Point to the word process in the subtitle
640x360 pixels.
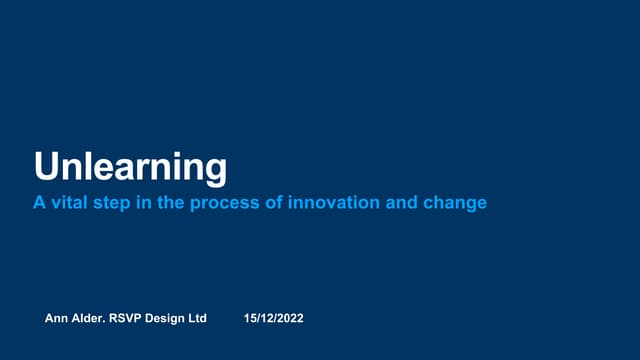(x=227, y=203)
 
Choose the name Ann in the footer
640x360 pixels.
(x=57, y=318)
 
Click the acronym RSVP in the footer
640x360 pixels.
(x=130, y=318)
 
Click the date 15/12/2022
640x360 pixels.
(x=273, y=318)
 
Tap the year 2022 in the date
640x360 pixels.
(x=289, y=318)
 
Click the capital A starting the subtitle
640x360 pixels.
(x=40, y=203)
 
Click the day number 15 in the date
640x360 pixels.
(x=250, y=318)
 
